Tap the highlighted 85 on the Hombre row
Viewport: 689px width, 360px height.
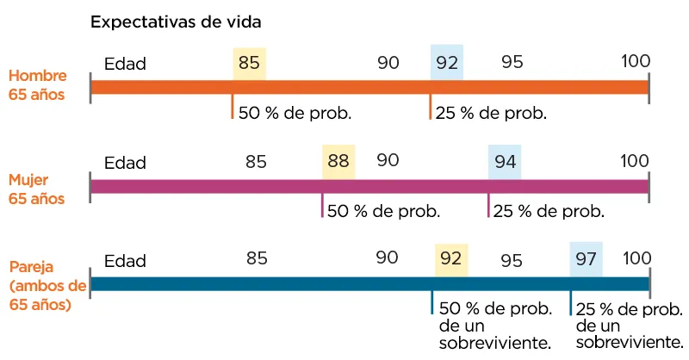[249, 63]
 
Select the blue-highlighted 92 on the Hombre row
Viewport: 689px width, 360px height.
[447, 63]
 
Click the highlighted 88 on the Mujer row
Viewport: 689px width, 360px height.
[338, 161]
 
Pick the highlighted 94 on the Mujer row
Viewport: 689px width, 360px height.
[505, 161]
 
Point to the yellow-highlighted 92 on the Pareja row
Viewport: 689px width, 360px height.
[451, 258]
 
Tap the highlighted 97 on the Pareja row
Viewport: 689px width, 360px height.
[586, 258]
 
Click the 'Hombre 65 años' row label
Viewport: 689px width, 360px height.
[37, 84]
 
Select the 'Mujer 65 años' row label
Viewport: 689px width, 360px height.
[37, 189]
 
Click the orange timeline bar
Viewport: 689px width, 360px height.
[369, 87]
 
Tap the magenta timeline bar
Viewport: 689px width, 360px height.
[369, 186]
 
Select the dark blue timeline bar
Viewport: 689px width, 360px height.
[369, 284]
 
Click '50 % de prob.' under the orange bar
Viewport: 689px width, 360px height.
[295, 113]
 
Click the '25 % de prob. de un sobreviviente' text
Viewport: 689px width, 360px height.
[629, 326]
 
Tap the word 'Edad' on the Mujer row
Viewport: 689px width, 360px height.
[125, 162]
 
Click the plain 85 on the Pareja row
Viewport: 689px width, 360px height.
[256, 258]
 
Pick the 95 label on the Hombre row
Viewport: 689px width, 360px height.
[512, 62]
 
